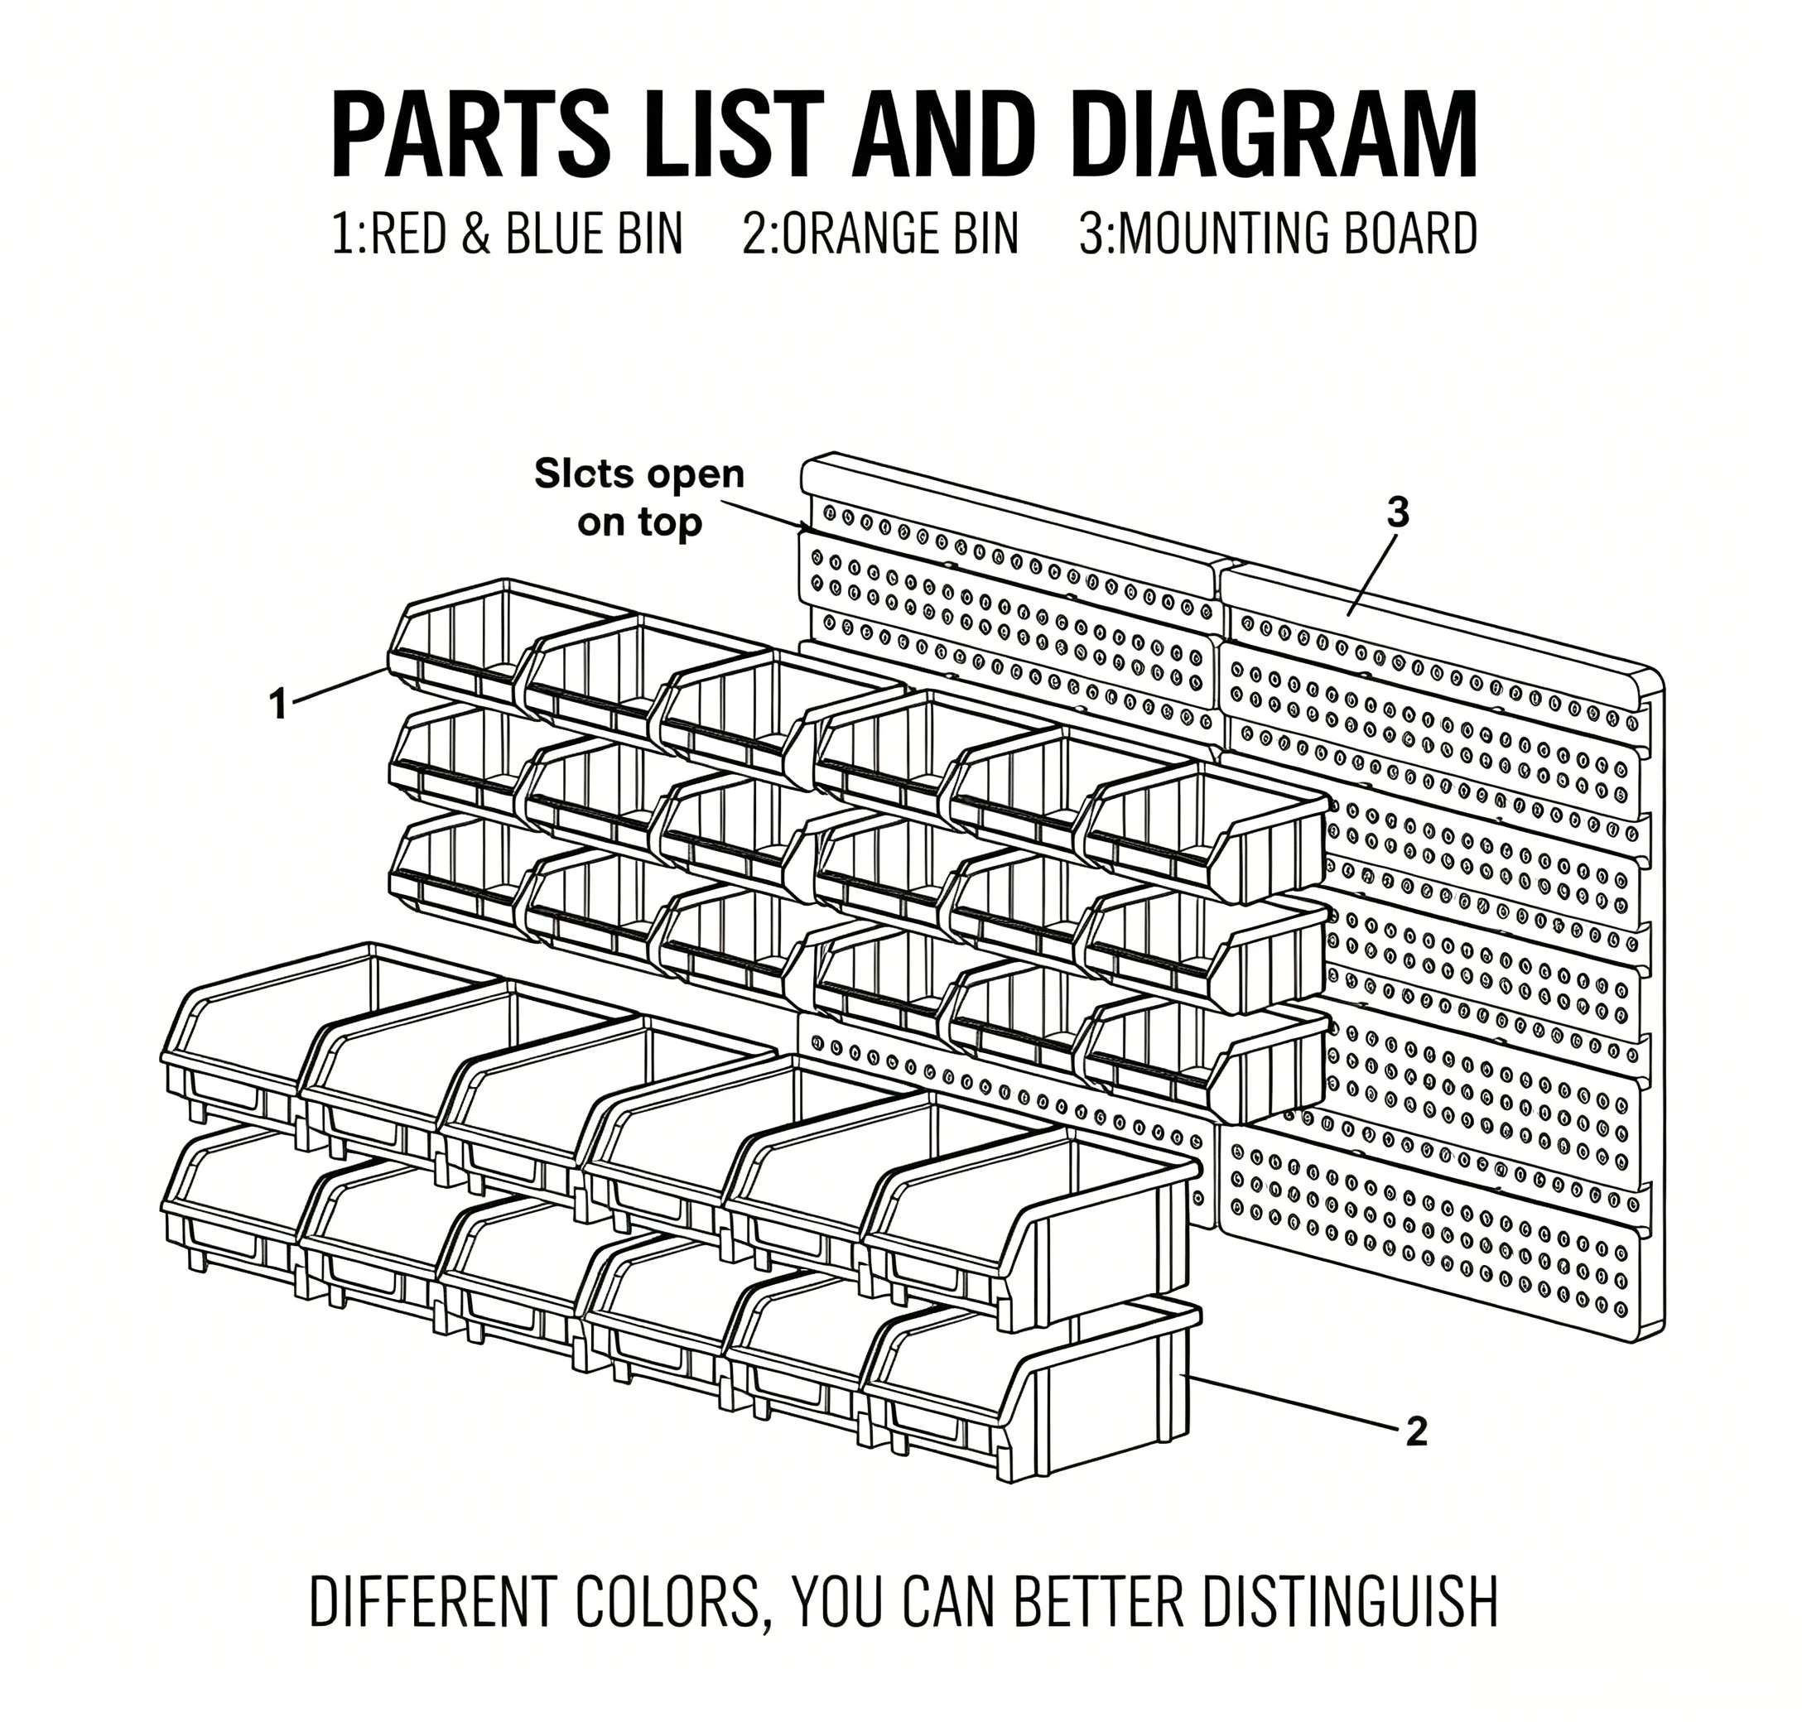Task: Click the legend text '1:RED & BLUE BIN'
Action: coord(508,233)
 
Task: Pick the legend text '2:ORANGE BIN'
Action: coord(880,233)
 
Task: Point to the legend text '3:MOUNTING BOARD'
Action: coord(1278,233)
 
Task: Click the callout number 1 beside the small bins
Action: coord(278,704)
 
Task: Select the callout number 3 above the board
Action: coord(1397,513)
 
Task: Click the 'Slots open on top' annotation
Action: coord(640,498)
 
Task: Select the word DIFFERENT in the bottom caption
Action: coord(434,1602)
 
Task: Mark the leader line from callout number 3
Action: coord(1371,575)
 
